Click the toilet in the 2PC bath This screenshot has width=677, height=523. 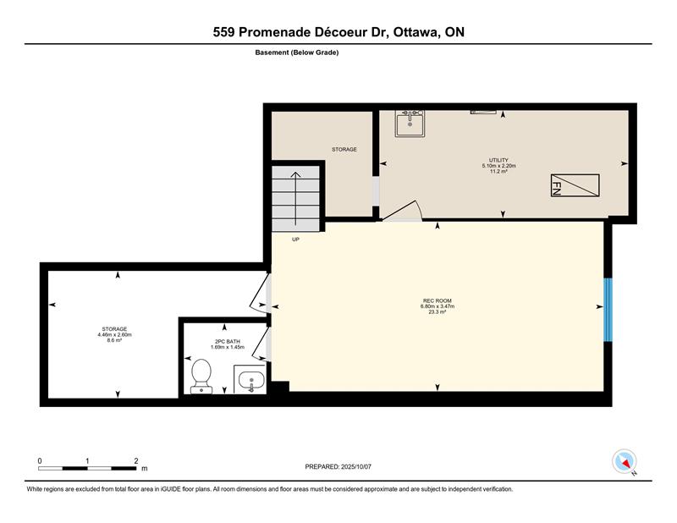201,376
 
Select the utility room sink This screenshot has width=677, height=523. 410,124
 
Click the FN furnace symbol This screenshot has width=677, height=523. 575,185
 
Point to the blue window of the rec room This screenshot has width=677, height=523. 608,310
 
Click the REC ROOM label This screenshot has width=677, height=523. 438,300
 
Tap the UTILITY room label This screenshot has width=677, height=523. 498,160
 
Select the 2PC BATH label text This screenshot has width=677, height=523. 228,342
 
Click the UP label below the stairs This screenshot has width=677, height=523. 295,239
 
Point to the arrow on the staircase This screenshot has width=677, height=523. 295,198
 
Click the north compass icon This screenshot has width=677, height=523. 625,461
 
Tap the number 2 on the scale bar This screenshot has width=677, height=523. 136,461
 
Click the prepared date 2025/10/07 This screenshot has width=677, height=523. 356,466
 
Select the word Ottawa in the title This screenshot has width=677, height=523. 415,32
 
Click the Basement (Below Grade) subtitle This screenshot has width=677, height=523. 297,52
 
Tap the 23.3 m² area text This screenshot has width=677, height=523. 438,311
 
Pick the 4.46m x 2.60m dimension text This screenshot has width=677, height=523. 114,334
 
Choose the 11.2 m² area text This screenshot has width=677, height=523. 498,171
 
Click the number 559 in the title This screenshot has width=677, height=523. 223,32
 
